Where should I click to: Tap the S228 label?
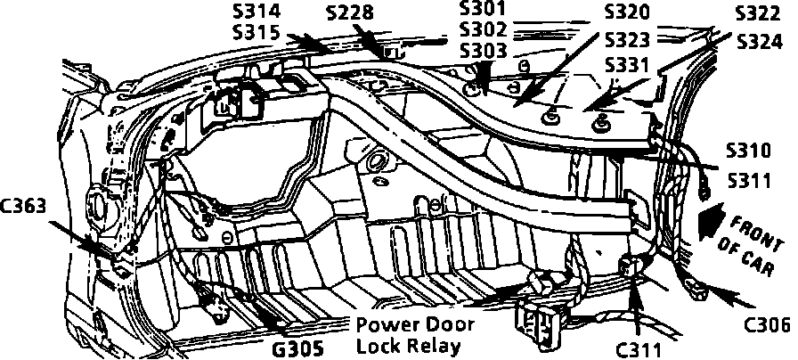tap(349, 12)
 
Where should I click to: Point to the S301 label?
tap(484, 9)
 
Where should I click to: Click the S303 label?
tap(484, 51)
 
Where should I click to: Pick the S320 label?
tap(627, 12)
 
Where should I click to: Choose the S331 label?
tap(627, 66)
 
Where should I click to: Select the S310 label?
tap(748, 150)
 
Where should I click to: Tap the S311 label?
tap(748, 181)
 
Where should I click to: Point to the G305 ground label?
tap(297, 347)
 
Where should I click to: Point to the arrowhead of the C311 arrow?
tap(635, 283)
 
